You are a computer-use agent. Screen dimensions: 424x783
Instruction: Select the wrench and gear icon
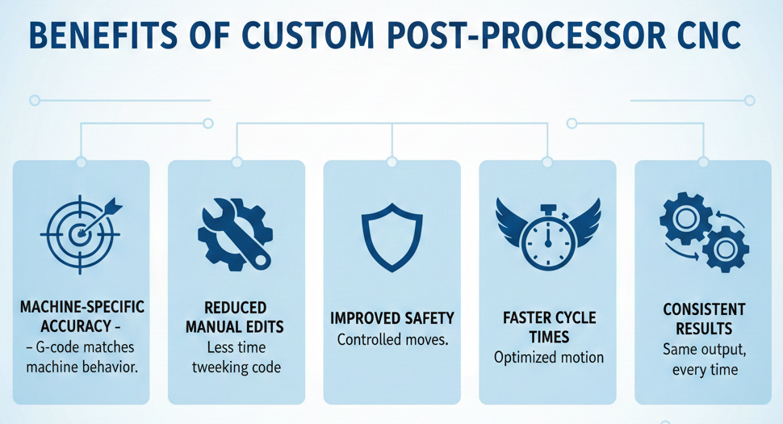pos(235,234)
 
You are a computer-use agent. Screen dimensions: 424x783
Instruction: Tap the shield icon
pos(391,237)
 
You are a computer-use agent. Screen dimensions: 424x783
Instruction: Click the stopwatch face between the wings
pos(547,239)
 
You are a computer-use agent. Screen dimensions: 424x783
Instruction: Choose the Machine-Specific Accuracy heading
pos(81,317)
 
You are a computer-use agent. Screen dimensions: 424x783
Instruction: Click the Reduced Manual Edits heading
pos(235,317)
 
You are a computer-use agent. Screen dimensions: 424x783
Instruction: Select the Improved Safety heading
pos(391,317)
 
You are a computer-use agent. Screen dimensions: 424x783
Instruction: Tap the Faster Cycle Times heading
pos(548,327)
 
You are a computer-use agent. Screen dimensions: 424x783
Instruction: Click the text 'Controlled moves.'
pos(391,340)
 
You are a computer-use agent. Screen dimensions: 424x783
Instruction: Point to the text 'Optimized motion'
pos(548,357)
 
